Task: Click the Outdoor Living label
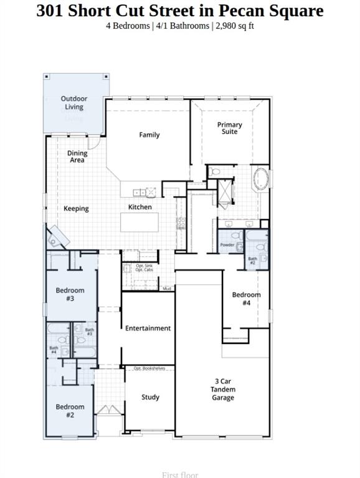(x=74, y=103)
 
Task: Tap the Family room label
(x=149, y=134)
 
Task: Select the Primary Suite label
(x=229, y=128)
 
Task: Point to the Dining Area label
(x=77, y=157)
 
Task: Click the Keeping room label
(x=76, y=209)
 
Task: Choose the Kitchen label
(x=140, y=207)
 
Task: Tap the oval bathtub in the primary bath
(x=260, y=180)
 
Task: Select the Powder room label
(x=227, y=245)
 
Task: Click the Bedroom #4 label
(x=246, y=299)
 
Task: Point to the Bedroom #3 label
(x=70, y=294)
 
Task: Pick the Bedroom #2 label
(x=70, y=411)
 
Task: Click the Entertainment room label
(x=148, y=328)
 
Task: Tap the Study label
(x=150, y=397)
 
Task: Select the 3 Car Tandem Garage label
(x=222, y=389)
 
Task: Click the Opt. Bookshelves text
(x=149, y=368)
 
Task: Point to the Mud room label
(x=167, y=289)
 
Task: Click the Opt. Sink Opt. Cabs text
(x=144, y=268)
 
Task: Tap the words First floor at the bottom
(x=180, y=474)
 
